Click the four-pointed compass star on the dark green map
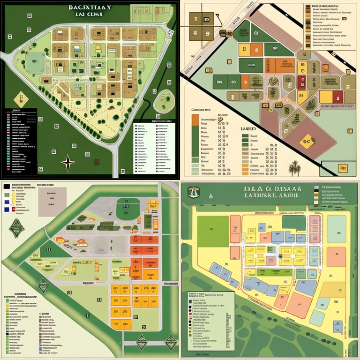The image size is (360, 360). point(68,162)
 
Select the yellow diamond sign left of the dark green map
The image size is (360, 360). point(19,99)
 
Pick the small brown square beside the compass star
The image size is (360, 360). point(97,162)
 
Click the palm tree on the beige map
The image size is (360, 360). point(294,167)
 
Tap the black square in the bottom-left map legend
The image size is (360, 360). point(6,186)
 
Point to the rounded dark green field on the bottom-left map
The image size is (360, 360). point(127,208)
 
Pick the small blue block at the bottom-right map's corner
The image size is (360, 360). point(337,326)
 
